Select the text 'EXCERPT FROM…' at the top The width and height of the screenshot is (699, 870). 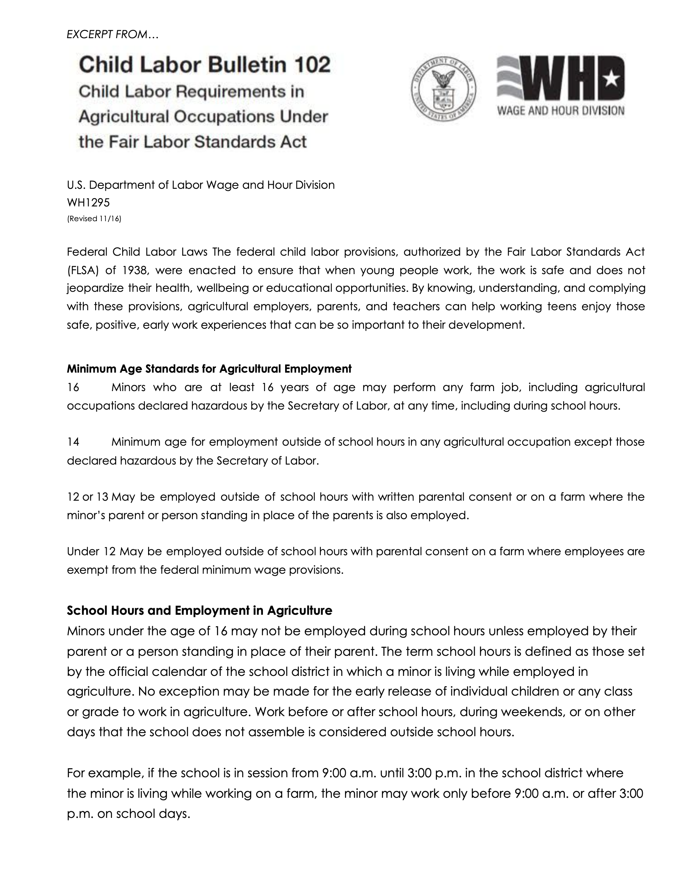pyautogui.click(x=112, y=35)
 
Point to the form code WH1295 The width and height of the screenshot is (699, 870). pyautogui.click(x=88, y=202)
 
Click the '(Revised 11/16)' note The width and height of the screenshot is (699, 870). pyautogui.click(x=94, y=219)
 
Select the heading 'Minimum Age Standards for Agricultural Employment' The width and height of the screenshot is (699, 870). pyautogui.click(x=209, y=369)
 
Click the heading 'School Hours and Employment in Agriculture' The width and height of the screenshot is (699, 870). pyautogui.click(x=199, y=611)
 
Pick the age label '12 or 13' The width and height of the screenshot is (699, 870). pyautogui.click(x=88, y=497)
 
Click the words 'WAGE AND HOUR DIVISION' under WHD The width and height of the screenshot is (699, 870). pyautogui.click(x=561, y=111)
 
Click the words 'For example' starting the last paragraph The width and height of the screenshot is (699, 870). pyautogui.click(x=105, y=773)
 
